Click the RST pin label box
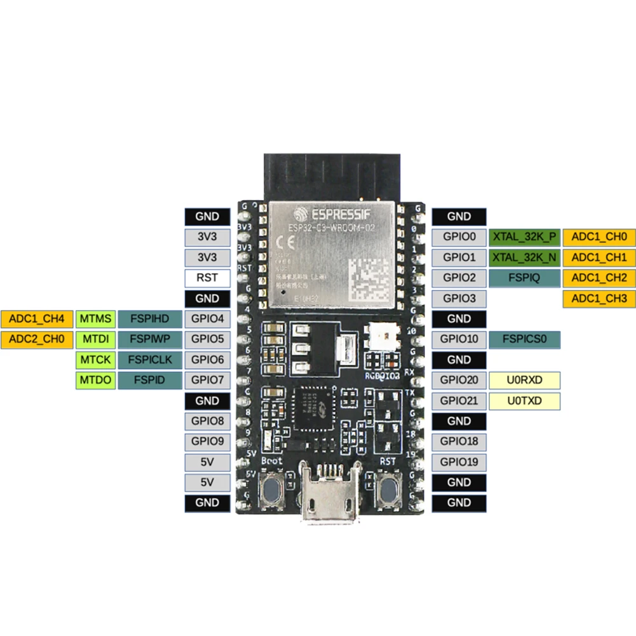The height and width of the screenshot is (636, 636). tap(207, 278)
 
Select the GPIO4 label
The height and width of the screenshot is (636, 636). tap(207, 319)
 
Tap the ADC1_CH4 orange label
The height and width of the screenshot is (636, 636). tap(37, 319)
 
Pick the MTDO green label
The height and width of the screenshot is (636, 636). tap(95, 380)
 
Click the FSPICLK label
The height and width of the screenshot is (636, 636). tap(150, 360)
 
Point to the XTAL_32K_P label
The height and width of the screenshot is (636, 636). tap(524, 237)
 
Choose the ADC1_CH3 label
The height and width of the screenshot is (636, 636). tap(599, 298)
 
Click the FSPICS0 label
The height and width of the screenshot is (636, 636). tap(524, 339)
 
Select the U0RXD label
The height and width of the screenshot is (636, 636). tap(524, 380)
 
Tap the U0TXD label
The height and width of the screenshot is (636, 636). tap(524, 400)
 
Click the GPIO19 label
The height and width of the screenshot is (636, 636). tap(459, 461)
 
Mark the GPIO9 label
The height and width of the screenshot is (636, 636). tap(207, 441)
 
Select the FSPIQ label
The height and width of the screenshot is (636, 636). tap(524, 278)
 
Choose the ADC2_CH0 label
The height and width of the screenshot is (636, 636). tap(37, 339)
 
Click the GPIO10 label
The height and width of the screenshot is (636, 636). tap(459, 339)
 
